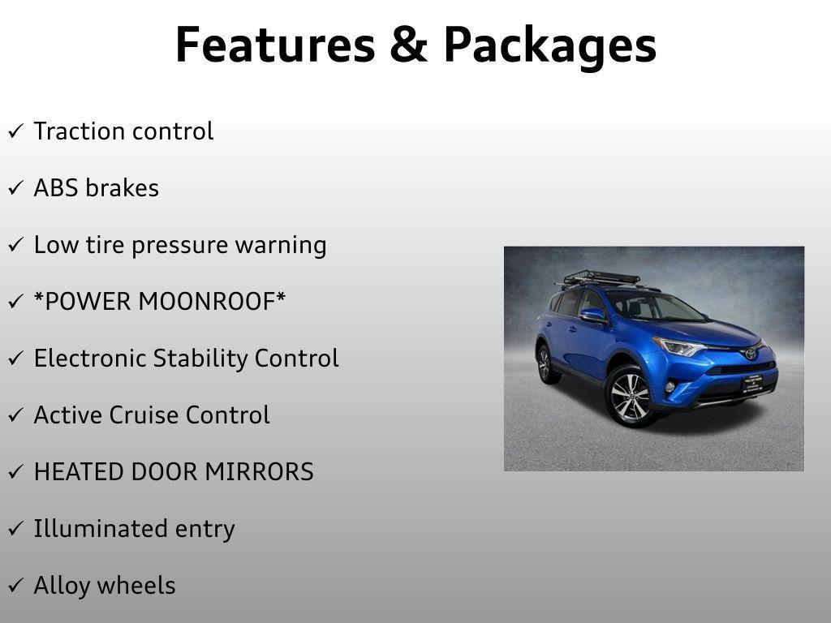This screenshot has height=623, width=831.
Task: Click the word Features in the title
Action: (x=274, y=45)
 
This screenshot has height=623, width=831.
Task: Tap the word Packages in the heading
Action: (x=549, y=46)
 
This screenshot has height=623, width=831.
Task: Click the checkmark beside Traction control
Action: (x=15, y=131)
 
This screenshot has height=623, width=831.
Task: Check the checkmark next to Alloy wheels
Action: (x=15, y=586)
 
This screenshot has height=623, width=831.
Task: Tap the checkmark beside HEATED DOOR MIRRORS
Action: (x=15, y=472)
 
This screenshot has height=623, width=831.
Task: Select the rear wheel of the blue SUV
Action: (x=547, y=363)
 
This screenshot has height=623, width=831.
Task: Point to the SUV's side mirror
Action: (x=592, y=314)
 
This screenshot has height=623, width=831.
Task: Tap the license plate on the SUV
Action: (x=752, y=382)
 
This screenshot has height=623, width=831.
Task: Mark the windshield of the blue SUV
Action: (x=653, y=307)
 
